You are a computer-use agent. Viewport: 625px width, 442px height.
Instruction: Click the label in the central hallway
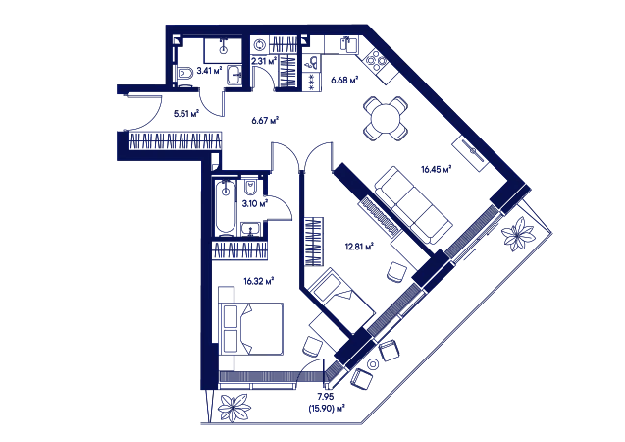[266, 118]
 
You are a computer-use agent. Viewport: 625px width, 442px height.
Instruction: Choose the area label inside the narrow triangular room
[359, 241]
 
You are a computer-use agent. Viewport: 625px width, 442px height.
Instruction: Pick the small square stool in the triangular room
[397, 267]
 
